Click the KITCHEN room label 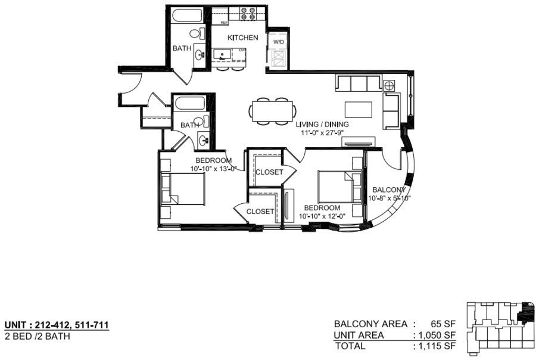pyautogui.click(x=243, y=38)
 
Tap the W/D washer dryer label pyautogui.click(x=278, y=42)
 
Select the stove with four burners pyautogui.click(x=248, y=13)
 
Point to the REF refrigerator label pyautogui.click(x=225, y=23)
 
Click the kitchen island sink pyautogui.click(x=223, y=54)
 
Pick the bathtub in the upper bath pyautogui.click(x=187, y=15)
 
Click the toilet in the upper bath pyautogui.click(x=197, y=34)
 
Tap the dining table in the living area pyautogui.click(x=272, y=111)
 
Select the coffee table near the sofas pyautogui.click(x=359, y=110)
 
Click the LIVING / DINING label pyautogui.click(x=322, y=124)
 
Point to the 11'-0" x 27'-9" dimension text pyautogui.click(x=322, y=133)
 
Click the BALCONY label pyautogui.click(x=389, y=190)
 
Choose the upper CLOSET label pyautogui.click(x=269, y=172)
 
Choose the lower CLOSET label pyautogui.click(x=260, y=212)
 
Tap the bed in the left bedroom pyautogui.click(x=182, y=189)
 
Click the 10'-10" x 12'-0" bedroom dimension pyautogui.click(x=322, y=216)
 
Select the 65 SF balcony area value pyautogui.click(x=443, y=324)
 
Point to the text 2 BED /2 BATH pyautogui.click(x=38, y=336)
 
